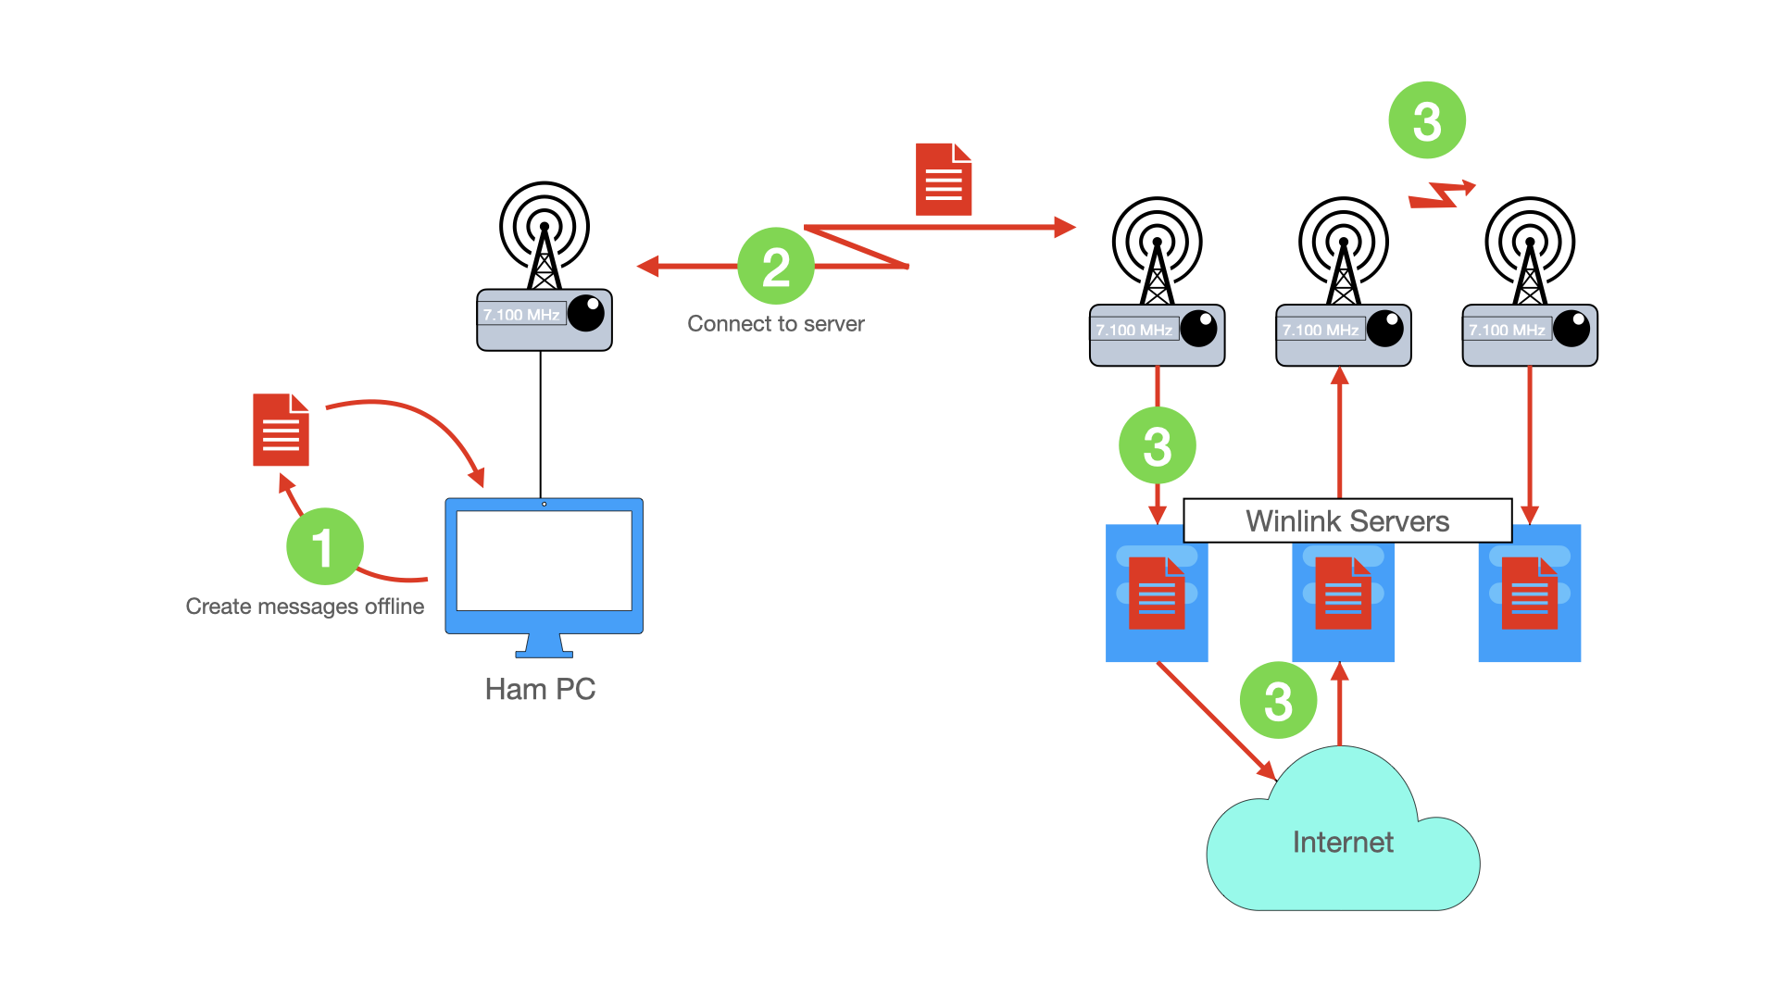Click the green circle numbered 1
[324, 546]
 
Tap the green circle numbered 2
[776, 266]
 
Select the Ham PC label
[540, 690]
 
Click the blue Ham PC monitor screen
[545, 561]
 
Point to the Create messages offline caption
[305, 606]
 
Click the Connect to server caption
[776, 324]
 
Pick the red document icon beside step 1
[281, 430]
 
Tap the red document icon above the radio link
[944, 180]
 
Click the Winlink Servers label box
[1347, 521]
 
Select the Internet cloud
[1343, 843]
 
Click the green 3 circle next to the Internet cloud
[1278, 700]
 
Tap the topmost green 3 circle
[1427, 120]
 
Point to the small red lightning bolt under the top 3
[1442, 194]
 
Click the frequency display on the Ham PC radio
[521, 315]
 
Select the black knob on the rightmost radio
[1571, 329]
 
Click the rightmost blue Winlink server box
[1529, 602]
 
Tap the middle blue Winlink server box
[1343, 602]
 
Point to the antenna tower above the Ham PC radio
[545, 236]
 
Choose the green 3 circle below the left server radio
[1158, 445]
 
